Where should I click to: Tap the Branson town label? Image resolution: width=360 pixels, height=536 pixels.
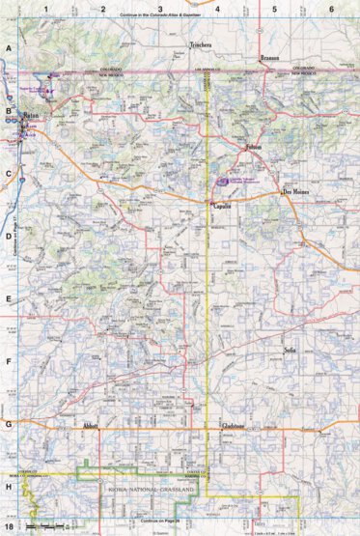[273, 59]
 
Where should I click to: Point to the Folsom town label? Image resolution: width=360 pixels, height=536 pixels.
[253, 147]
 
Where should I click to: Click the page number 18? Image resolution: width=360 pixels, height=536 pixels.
[9, 527]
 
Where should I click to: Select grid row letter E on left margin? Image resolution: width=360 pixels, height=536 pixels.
[9, 299]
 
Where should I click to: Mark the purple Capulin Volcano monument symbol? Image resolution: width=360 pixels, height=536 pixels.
[223, 180]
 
